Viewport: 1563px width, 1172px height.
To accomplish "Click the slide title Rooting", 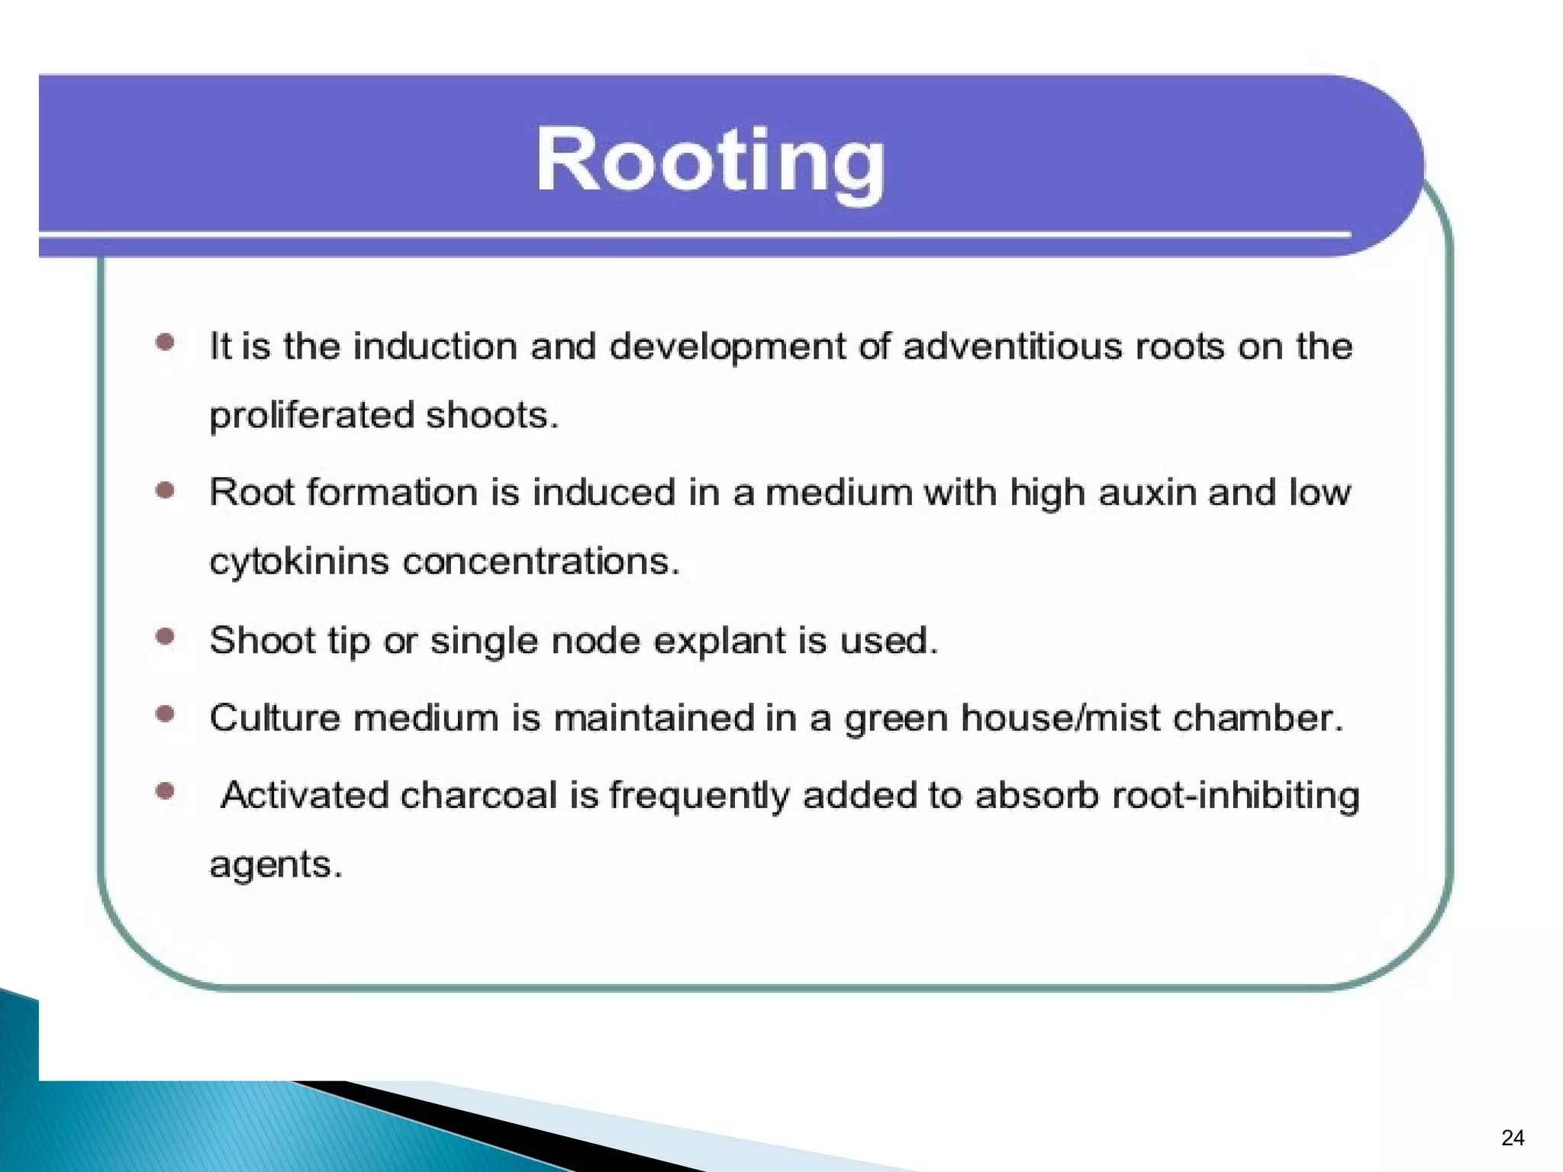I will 710,162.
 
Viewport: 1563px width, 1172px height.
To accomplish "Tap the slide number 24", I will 1512,1138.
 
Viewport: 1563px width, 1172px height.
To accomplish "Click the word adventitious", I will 1013,346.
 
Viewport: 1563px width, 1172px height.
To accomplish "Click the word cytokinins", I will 299,562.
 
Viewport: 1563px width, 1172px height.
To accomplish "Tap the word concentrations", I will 540,562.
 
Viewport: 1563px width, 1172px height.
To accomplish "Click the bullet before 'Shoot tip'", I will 165,636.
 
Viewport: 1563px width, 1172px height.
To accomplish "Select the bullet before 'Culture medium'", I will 165,714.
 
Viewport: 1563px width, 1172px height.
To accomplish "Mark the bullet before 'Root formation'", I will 165,490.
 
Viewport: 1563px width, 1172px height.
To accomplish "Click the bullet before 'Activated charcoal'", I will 165,791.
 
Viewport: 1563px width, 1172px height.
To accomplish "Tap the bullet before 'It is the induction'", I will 165,343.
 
